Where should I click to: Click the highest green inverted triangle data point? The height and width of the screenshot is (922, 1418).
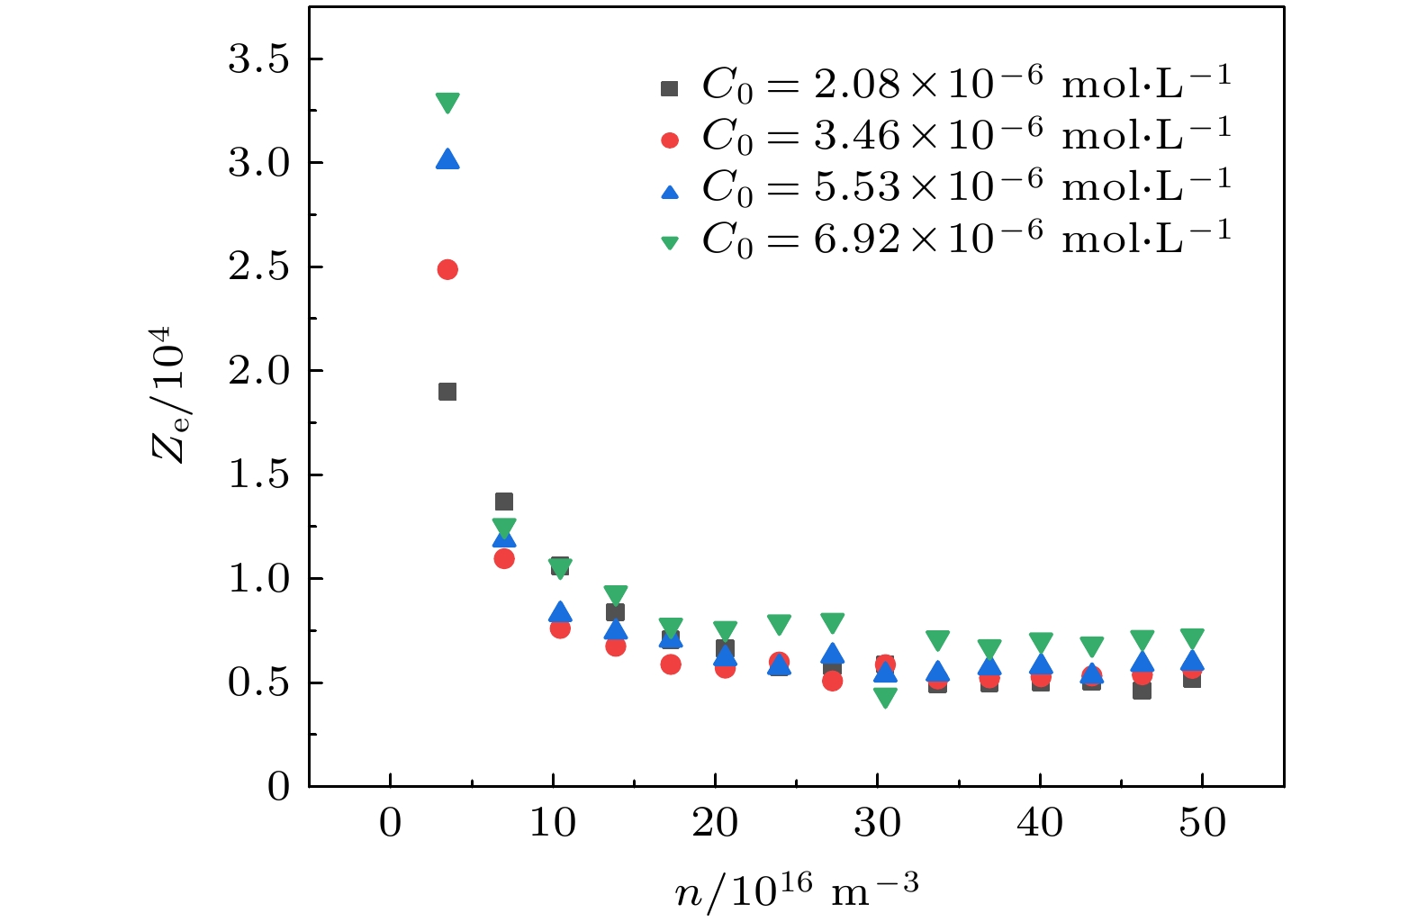tap(447, 103)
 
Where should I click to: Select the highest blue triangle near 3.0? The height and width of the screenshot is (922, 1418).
tap(447, 160)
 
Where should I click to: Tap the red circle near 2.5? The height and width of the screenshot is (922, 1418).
tap(447, 269)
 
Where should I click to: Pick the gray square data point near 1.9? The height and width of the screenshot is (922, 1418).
tap(447, 392)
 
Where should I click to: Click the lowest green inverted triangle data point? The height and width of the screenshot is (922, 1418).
tap(885, 698)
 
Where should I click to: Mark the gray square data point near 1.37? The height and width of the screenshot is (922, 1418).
tap(504, 502)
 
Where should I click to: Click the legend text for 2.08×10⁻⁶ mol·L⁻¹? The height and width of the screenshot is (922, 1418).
tap(965, 85)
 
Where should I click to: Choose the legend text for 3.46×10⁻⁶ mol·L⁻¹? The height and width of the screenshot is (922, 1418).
tap(965, 136)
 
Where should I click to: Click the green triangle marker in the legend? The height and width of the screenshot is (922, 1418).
tap(669, 242)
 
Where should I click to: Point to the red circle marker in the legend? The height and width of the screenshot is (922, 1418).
tap(669, 140)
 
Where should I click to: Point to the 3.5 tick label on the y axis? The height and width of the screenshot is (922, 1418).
tap(258, 59)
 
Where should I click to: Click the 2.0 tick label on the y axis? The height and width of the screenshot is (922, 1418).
tap(258, 370)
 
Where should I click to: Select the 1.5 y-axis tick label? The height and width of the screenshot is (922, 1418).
tap(258, 475)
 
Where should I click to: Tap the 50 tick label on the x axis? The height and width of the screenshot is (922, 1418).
tap(1202, 823)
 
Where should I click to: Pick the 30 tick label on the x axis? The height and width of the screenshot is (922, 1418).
tap(877, 823)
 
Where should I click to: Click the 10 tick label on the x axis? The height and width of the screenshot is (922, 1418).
tap(552, 823)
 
